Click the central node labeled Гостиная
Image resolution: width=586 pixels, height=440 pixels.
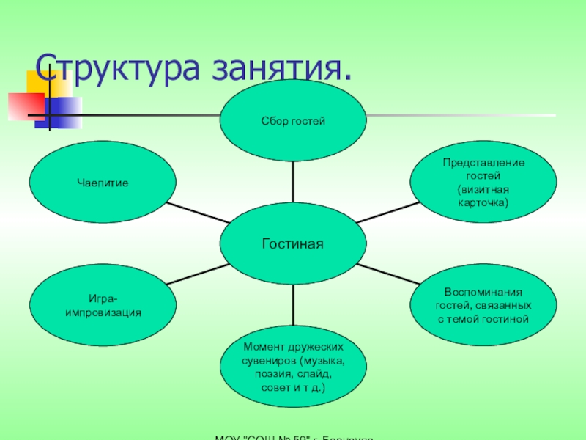tap(293, 243)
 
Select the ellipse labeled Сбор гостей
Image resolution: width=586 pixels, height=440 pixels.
tap(293, 119)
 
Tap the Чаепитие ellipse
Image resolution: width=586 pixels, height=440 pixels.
tap(102, 180)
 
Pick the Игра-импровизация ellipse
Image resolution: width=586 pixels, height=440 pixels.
tap(102, 305)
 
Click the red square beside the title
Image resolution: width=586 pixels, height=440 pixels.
tap(26, 106)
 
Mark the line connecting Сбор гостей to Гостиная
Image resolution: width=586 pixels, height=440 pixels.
tap(293, 180)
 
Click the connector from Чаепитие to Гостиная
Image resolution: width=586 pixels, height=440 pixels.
tap(195, 213)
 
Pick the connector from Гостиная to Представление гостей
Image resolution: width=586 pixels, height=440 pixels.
tap(388, 212)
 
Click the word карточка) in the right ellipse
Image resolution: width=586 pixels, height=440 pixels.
tap(482, 201)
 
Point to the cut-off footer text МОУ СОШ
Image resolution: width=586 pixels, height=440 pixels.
tap(293, 436)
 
